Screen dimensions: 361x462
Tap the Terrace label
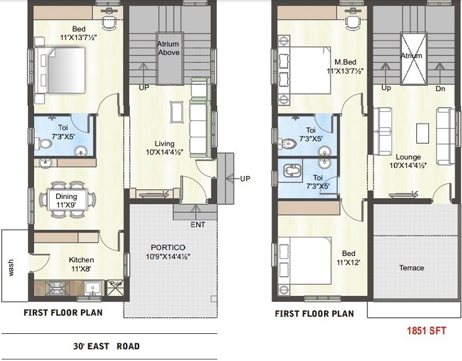(412, 268)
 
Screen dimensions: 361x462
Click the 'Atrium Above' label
(169, 48)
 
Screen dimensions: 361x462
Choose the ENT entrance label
(197, 224)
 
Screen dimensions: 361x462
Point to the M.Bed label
(344, 62)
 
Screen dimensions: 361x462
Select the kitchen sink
(92, 287)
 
